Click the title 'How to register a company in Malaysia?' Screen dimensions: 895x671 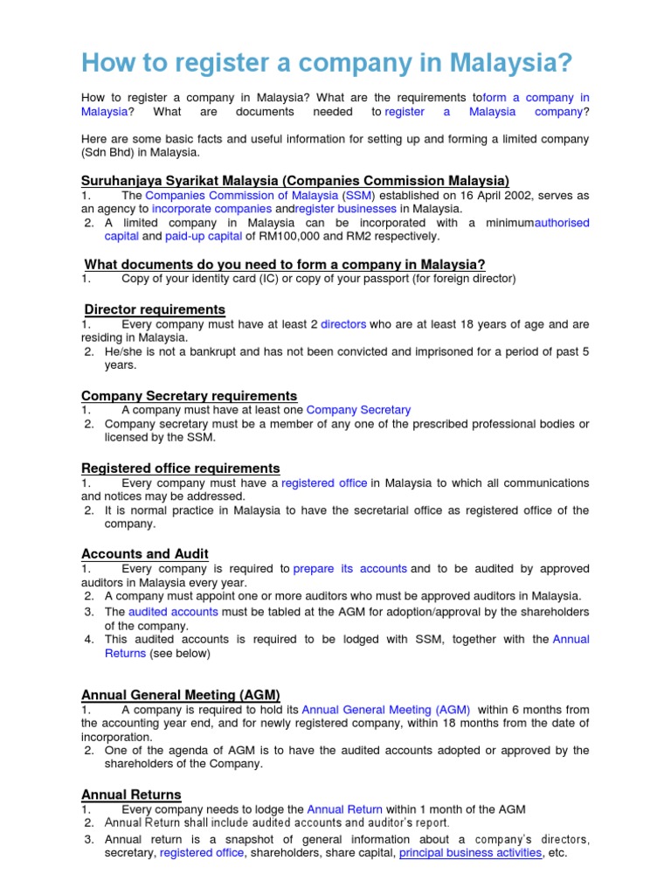(327, 62)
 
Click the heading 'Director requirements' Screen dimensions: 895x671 (155, 309)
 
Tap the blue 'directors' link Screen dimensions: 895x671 (343, 324)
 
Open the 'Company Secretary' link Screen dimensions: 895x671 (358, 409)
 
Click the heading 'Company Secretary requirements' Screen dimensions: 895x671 (189, 395)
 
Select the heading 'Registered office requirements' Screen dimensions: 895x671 (180, 468)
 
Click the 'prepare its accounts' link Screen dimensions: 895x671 (349, 568)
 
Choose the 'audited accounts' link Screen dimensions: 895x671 (167, 612)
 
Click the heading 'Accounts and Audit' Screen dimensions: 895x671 (144, 553)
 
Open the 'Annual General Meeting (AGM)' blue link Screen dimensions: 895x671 (385, 710)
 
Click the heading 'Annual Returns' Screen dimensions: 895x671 (131, 794)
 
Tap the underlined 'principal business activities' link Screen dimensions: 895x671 (470, 852)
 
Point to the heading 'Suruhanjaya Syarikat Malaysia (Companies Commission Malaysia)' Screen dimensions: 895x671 (295, 180)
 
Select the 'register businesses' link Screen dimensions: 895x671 (346, 209)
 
